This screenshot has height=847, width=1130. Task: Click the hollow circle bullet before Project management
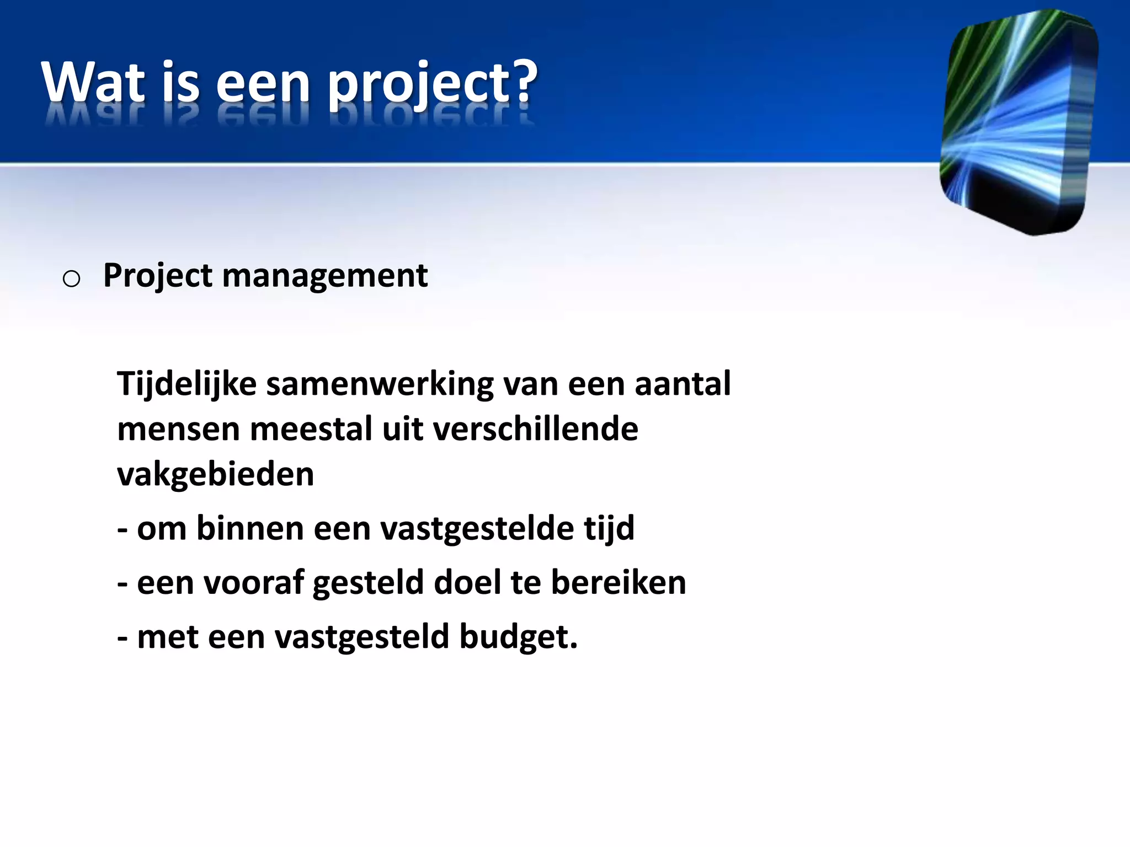[71, 279]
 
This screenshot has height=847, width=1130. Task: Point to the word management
[324, 276]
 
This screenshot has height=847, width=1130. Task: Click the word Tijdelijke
[186, 384]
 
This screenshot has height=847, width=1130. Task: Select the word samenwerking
[380, 384]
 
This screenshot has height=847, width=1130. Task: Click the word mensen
[178, 430]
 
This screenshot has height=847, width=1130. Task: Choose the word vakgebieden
[215, 474]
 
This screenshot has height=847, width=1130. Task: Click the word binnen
[249, 528]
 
